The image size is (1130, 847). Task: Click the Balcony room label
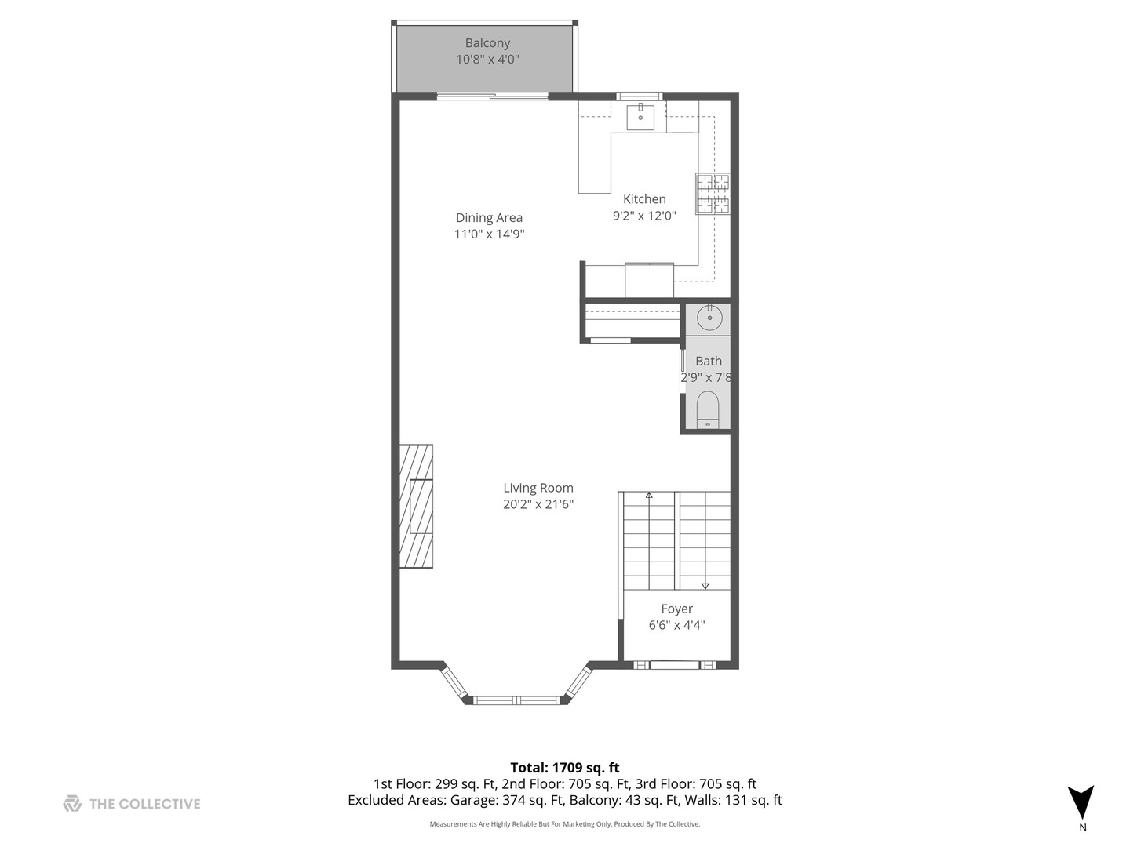click(x=487, y=43)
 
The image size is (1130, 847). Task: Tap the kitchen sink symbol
click(x=640, y=117)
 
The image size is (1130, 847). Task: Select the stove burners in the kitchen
click(x=713, y=194)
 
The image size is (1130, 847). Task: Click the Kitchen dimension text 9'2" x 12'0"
click(x=644, y=216)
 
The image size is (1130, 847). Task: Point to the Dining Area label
click(x=489, y=218)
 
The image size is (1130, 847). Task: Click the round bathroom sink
click(x=709, y=318)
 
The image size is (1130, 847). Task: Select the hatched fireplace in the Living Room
click(x=416, y=506)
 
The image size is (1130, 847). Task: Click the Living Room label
click(x=538, y=488)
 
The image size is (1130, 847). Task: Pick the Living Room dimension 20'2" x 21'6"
click(x=538, y=504)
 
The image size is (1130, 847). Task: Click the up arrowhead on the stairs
click(x=649, y=496)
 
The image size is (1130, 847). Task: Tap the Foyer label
click(x=676, y=609)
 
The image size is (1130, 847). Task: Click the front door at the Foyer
click(x=674, y=665)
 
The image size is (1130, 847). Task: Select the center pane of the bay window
click(x=518, y=700)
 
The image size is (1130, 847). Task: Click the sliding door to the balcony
click(x=492, y=96)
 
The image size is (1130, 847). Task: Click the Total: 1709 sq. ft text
click(x=565, y=768)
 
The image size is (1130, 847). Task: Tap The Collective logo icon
click(x=72, y=803)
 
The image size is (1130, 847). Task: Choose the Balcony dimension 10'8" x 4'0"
click(x=487, y=60)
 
